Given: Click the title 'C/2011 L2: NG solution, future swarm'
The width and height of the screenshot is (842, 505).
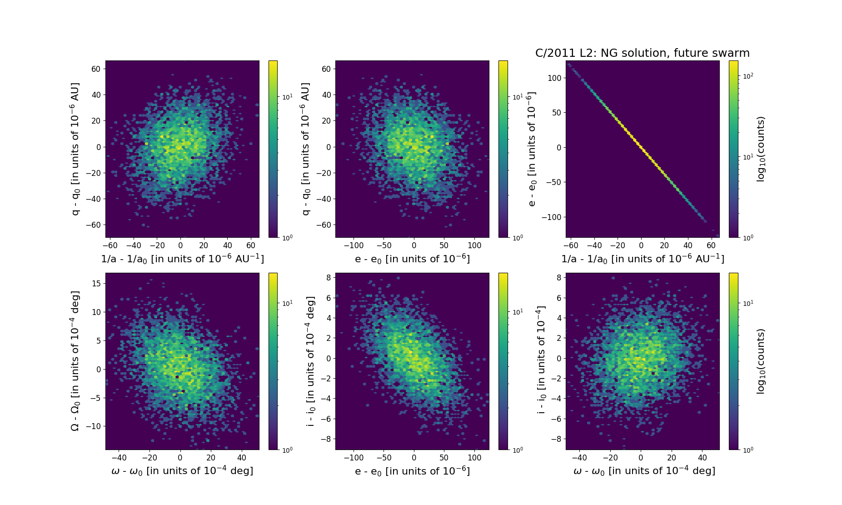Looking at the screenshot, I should [x=642, y=53].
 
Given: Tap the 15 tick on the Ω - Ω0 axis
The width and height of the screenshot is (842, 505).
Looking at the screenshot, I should [x=96, y=283].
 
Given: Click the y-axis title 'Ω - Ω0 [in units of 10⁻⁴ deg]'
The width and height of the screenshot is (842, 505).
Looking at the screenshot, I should [x=75, y=361].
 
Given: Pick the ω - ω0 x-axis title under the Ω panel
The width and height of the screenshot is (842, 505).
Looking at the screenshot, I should [x=182, y=471].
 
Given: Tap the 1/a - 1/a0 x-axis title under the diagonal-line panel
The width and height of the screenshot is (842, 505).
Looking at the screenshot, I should [x=643, y=259].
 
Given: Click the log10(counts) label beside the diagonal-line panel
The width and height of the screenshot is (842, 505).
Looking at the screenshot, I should [x=761, y=149].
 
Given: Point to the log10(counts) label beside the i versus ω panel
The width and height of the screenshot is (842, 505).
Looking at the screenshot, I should [x=761, y=361].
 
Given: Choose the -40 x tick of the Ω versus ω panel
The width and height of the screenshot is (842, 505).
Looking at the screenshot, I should [x=119, y=457].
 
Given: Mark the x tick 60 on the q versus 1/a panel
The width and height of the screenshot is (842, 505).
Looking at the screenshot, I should [x=251, y=245].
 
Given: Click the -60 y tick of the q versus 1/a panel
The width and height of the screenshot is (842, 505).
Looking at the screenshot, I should [x=96, y=225].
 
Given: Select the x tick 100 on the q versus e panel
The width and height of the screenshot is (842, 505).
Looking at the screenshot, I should [x=474, y=245].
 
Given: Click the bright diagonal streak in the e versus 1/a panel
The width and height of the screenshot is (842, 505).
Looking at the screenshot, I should [x=641, y=147].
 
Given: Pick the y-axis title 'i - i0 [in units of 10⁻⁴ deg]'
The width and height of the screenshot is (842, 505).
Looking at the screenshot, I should [x=311, y=361].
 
